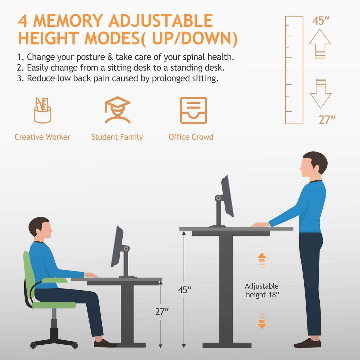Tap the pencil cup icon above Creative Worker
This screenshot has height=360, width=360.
tap(42, 110)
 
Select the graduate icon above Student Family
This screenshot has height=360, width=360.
tap(117, 110)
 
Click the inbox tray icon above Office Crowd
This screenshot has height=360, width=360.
tap(193, 110)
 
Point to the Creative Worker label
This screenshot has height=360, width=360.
tap(42, 137)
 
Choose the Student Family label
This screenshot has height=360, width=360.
tap(117, 137)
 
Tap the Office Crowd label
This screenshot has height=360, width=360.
tap(191, 137)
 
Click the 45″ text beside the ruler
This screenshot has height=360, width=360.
tap(321, 21)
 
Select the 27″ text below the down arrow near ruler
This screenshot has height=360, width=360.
tap(327, 120)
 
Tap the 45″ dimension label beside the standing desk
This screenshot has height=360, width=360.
tap(184, 290)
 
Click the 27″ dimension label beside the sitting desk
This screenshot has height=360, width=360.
tap(162, 312)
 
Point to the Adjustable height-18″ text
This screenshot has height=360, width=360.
tap(262, 290)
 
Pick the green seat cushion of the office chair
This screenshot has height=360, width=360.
tap(54, 305)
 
